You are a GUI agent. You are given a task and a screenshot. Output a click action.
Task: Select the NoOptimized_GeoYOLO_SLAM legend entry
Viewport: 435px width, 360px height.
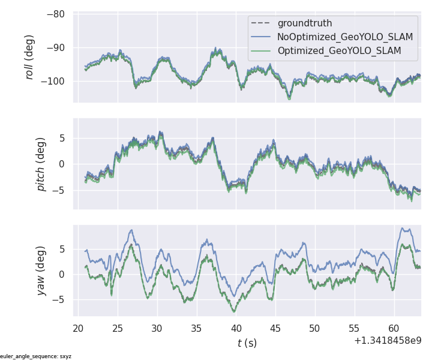pyautogui.click(x=345, y=37)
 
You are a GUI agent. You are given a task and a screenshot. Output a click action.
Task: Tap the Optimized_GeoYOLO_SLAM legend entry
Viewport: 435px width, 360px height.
pyautogui.click(x=339, y=51)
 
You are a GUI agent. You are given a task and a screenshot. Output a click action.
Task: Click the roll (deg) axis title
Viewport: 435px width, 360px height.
pyautogui.click(x=29, y=57)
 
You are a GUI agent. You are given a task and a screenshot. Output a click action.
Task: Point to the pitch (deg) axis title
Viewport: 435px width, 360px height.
pyautogui.click(x=41, y=163)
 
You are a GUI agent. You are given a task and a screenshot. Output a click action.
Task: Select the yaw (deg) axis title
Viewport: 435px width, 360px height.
pyautogui.click(x=41, y=271)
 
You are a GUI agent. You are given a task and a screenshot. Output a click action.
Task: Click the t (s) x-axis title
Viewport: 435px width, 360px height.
pyautogui.click(x=247, y=343)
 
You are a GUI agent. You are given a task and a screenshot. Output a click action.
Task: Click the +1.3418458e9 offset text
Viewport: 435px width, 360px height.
pyautogui.click(x=387, y=340)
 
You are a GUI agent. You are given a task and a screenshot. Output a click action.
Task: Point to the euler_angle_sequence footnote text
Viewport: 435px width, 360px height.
pyautogui.click(x=36, y=356)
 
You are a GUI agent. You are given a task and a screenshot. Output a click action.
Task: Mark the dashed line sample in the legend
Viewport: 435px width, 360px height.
pyautogui.click(x=262, y=23)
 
